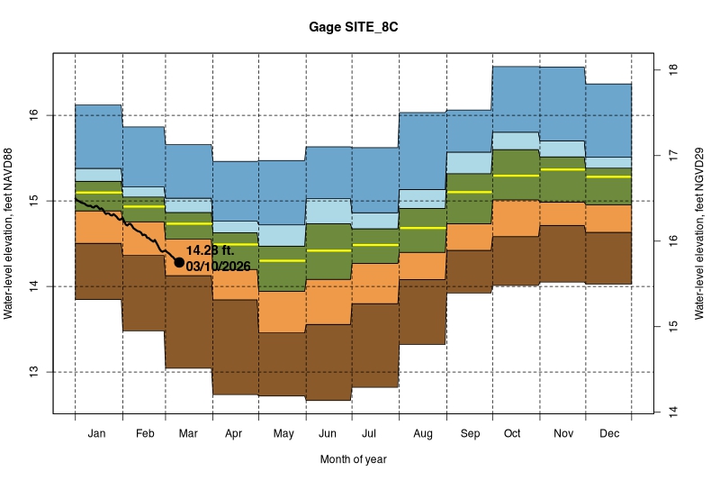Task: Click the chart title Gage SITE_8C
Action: coord(360,27)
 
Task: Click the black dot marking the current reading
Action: coord(179,262)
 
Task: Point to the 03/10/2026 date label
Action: coord(219,266)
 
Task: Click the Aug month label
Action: coord(422,434)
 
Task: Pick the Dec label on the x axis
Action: coord(608,434)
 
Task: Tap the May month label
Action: coord(283,434)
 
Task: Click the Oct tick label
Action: coord(512,434)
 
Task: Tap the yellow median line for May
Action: coord(283,260)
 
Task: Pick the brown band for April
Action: coord(236,347)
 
